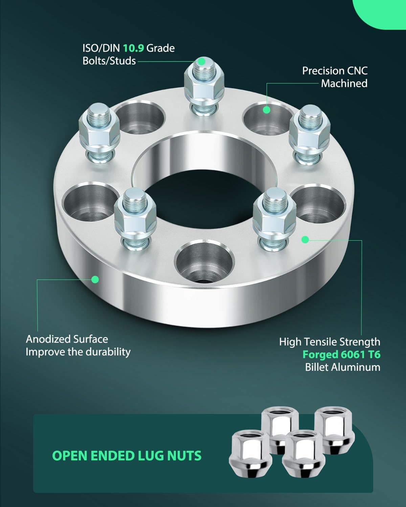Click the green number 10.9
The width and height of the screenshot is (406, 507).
(x=134, y=48)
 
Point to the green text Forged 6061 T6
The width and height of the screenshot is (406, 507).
(x=341, y=355)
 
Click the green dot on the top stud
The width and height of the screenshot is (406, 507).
(x=201, y=62)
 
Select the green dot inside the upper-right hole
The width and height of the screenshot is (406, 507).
(x=267, y=110)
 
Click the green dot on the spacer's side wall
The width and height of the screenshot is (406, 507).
(x=95, y=280)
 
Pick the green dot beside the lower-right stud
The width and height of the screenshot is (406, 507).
(x=305, y=240)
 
